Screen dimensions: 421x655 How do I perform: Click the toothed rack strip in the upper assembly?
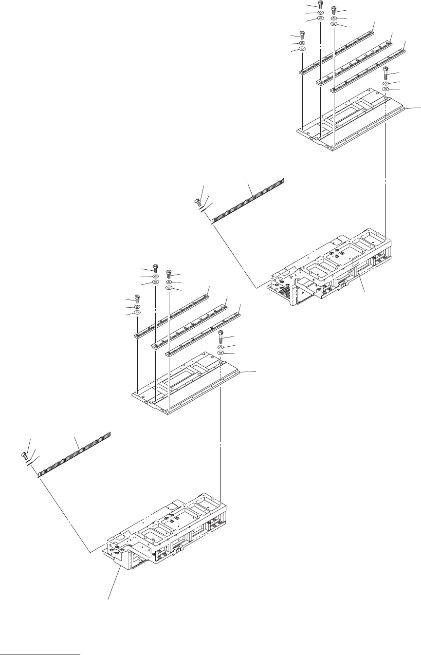pos(248,199)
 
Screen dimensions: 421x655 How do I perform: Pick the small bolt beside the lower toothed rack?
pos(24,455)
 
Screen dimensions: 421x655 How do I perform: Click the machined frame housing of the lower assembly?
pos(165,536)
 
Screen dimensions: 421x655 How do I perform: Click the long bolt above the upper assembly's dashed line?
pos(385,74)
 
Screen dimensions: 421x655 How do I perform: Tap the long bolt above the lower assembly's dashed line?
pos(221,336)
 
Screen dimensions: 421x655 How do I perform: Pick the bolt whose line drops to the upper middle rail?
pos(320,5)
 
